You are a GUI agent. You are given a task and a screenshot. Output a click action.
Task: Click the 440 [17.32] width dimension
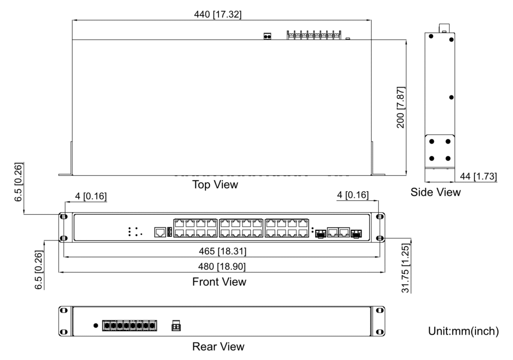point(217,15)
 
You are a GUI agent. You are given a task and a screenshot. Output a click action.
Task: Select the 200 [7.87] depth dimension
point(401,107)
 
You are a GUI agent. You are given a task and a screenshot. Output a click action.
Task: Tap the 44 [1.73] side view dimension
point(478,177)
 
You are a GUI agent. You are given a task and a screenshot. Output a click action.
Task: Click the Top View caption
point(215,185)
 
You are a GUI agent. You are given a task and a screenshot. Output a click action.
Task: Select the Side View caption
point(435,192)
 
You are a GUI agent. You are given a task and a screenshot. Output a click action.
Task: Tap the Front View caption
point(219,282)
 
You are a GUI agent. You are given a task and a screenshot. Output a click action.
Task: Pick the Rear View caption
point(218,346)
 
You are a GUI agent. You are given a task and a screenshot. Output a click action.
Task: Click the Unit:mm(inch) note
point(463,331)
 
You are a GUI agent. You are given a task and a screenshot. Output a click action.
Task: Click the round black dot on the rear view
point(96,325)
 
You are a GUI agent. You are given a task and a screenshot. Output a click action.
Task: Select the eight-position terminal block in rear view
point(129,325)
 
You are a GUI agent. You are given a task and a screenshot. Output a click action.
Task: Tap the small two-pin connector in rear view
point(176,325)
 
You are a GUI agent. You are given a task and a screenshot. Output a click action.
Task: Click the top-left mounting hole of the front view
point(64,217)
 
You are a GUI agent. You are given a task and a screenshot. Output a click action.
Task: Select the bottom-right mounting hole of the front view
point(380,238)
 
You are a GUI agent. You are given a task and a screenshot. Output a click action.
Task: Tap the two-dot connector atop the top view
point(268,36)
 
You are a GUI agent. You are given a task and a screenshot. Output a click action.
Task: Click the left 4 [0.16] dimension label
point(90,195)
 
